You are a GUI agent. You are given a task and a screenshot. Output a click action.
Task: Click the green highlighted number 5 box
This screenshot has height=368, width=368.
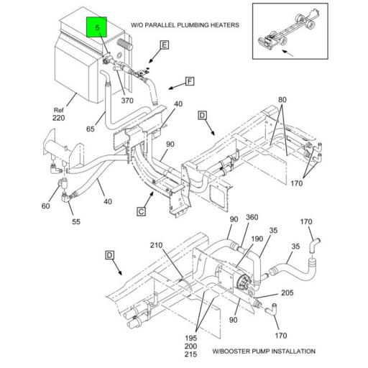(96, 29)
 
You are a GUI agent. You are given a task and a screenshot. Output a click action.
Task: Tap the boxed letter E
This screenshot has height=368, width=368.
(164, 45)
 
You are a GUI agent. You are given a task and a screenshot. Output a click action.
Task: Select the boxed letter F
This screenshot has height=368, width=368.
(190, 80)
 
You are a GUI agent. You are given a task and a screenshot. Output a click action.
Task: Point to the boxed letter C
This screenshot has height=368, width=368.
(142, 211)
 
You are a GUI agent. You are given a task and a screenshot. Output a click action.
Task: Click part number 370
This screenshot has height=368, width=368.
(128, 101)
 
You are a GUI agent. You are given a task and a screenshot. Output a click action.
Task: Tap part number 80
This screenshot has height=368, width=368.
(282, 99)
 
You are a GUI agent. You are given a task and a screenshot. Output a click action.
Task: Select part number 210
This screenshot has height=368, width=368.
(156, 247)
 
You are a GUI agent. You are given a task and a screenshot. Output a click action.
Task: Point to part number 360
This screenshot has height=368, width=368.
(252, 218)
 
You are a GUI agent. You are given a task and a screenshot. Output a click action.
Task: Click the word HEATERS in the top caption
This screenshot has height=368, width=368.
(219, 25)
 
